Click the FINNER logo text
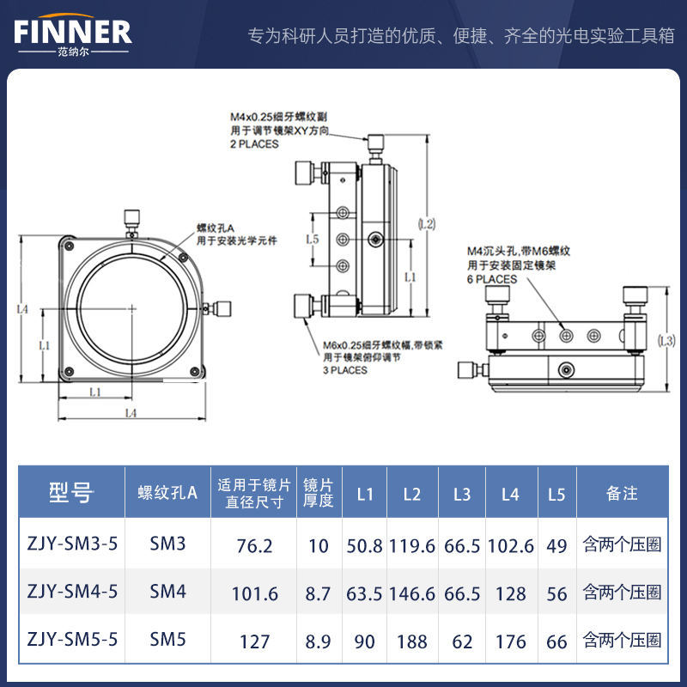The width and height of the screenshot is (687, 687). click(x=73, y=32)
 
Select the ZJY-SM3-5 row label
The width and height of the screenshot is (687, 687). click(x=72, y=545)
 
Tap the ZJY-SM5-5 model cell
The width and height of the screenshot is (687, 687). click(x=72, y=641)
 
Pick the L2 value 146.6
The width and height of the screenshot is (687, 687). click(x=412, y=593)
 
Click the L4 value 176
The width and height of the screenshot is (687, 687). click(x=510, y=641)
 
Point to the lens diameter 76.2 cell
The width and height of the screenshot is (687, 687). click(x=254, y=545)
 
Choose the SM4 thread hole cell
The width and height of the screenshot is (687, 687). click(x=167, y=592)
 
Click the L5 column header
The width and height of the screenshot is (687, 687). click(x=556, y=494)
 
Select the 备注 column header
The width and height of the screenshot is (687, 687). click(x=622, y=493)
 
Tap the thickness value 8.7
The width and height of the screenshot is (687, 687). click(x=318, y=593)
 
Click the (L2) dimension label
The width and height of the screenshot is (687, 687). click(x=426, y=223)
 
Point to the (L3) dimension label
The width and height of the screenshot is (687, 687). click(x=666, y=341)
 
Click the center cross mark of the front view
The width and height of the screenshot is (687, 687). click(x=131, y=307)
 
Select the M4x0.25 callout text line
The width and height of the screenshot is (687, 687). click(x=277, y=116)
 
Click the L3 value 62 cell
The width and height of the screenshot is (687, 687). click(x=462, y=641)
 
